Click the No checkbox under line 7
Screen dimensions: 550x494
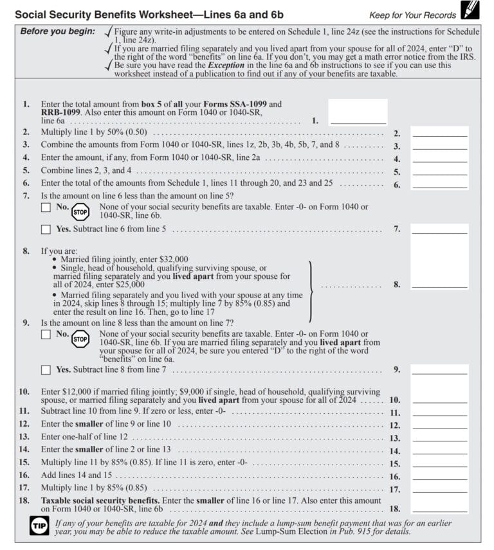(46, 208)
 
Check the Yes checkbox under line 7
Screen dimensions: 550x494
(46, 229)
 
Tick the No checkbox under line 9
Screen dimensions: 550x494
(46, 334)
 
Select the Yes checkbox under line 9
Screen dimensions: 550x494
(46, 369)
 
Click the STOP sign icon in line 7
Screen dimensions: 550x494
(80, 211)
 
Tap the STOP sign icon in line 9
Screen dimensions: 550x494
(80, 339)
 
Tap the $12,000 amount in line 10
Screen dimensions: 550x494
(77, 391)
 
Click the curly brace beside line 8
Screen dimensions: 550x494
(312, 290)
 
